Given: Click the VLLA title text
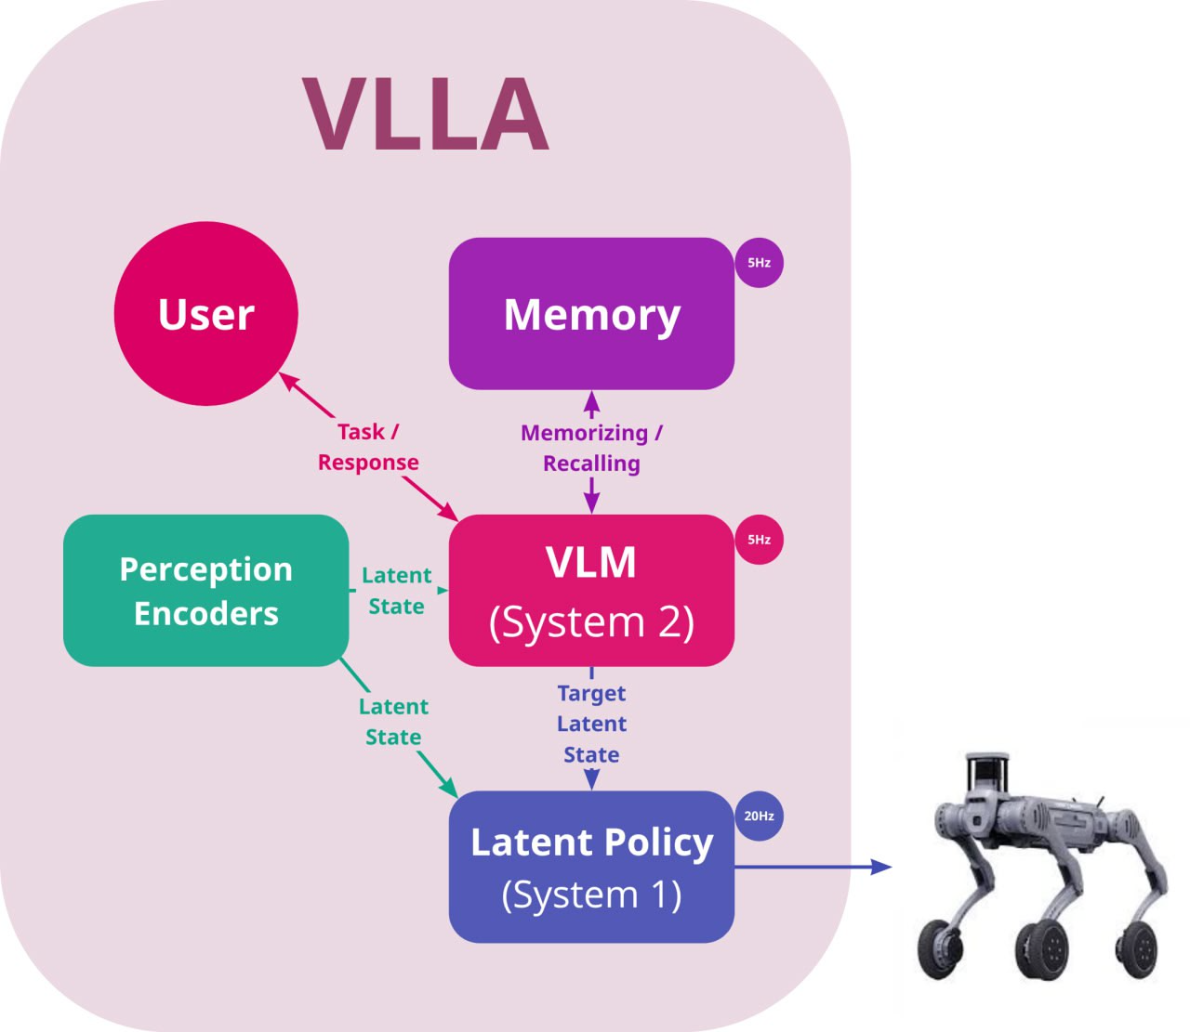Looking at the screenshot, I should coord(426,114).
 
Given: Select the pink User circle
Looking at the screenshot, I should coord(205,314).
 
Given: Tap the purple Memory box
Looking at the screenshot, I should coord(591,314).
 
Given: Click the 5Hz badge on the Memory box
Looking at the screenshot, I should coord(759,263).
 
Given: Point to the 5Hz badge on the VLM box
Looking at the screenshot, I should coord(759,540).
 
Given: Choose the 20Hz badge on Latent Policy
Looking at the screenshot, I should coord(759,816).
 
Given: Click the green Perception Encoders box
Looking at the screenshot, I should coord(205,591).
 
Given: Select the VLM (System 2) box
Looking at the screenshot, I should coord(591,591).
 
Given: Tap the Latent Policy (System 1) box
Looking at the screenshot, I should coord(591,867).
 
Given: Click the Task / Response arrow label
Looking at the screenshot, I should coord(368,447).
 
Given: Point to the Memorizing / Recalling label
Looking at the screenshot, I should coord(591,448).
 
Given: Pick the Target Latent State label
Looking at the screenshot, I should coord(591,724).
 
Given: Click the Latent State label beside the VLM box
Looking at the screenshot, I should coord(397,591).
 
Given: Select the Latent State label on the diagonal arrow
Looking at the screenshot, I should coord(393,722).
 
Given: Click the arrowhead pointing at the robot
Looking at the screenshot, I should coord(880,867).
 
